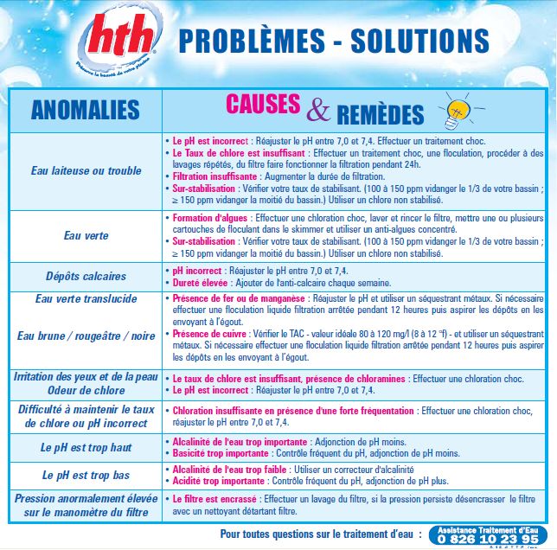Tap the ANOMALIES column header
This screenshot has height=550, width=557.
point(85,110)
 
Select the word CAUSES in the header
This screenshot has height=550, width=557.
point(264,104)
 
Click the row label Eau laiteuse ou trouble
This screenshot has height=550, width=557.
point(86,170)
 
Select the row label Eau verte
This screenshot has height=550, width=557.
point(86,234)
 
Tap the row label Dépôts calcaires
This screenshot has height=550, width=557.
point(86,277)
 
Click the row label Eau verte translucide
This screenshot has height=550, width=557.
point(86,299)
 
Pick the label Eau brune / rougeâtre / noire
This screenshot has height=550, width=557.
point(86,336)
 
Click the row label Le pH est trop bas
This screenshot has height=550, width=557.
point(86,475)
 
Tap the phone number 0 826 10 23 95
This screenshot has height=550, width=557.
point(489,538)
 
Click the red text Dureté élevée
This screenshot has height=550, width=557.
point(201,282)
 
